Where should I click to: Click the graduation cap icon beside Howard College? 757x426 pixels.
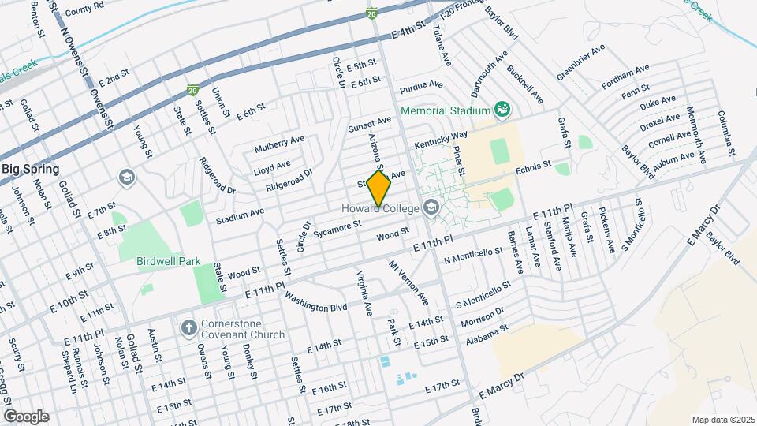[431, 208]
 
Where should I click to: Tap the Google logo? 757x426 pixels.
[26, 416]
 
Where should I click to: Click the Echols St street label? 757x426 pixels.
[531, 169]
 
